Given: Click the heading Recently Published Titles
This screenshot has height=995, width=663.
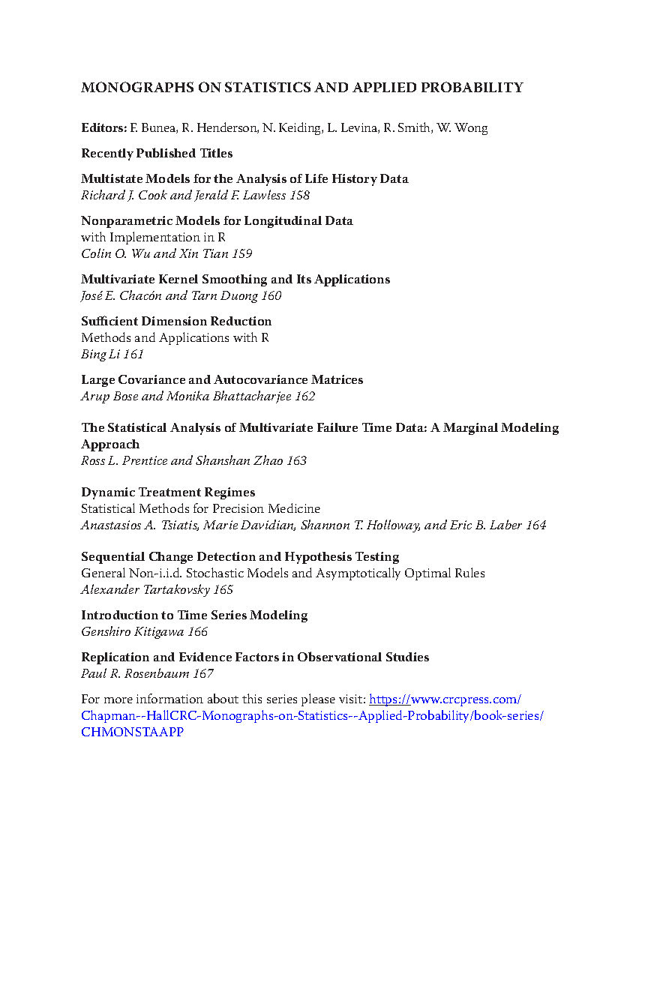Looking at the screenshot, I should click(x=157, y=154).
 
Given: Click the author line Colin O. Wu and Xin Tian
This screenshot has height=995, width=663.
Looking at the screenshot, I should click(x=155, y=254).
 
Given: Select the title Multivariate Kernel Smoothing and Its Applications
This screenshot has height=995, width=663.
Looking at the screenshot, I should click(x=235, y=280).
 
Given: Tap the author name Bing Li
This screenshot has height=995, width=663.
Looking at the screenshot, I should click(x=100, y=355).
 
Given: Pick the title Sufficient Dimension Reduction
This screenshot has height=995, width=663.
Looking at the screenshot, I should click(x=176, y=322).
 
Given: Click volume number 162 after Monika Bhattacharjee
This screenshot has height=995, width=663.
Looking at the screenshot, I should click(x=304, y=397).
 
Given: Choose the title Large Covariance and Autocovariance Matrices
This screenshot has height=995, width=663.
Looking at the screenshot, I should click(x=222, y=380).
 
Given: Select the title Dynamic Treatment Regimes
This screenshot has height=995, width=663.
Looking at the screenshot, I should click(x=168, y=493).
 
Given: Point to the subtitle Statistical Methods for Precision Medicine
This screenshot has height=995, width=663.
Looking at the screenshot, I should click(x=200, y=509).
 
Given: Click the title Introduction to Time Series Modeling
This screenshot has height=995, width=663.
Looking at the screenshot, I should click(x=194, y=616).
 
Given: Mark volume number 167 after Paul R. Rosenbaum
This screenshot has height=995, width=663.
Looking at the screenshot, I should click(x=203, y=674).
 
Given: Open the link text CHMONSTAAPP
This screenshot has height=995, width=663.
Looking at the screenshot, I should click(x=132, y=733).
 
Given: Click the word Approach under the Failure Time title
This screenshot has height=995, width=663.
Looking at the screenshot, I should click(x=110, y=445).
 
